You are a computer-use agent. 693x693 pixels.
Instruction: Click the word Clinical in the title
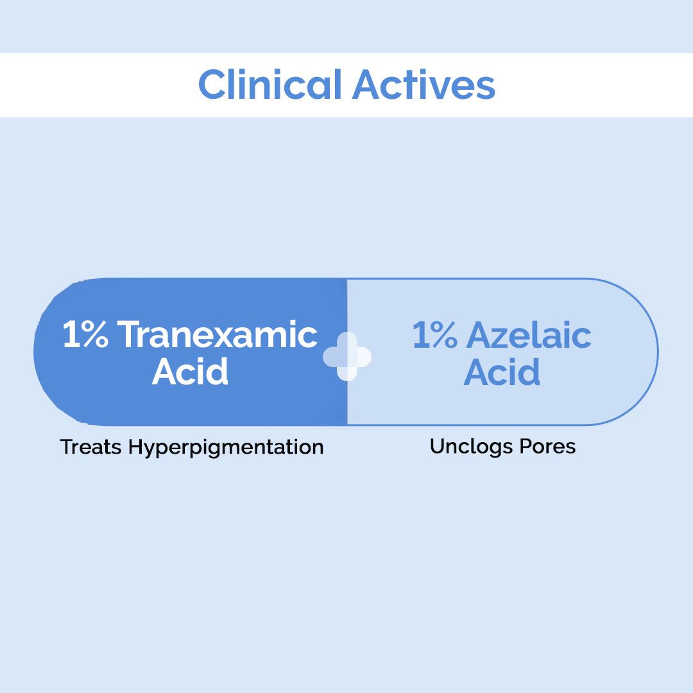(x=269, y=85)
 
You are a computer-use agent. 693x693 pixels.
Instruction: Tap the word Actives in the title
(x=424, y=85)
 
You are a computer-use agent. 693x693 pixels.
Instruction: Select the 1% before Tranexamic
(x=85, y=335)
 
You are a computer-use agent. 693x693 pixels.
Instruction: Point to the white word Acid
(x=190, y=372)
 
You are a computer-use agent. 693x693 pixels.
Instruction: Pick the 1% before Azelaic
(x=434, y=335)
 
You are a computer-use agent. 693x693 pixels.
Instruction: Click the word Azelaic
(x=529, y=335)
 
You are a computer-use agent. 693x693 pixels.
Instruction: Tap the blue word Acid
(x=502, y=372)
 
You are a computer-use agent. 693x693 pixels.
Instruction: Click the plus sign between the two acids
(x=346, y=356)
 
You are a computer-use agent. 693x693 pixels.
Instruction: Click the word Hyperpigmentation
(x=226, y=447)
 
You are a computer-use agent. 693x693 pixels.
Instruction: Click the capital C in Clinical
(x=211, y=85)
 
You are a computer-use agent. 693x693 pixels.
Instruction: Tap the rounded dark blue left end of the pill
(x=51, y=352)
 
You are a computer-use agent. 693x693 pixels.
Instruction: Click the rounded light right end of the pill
(x=638, y=352)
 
